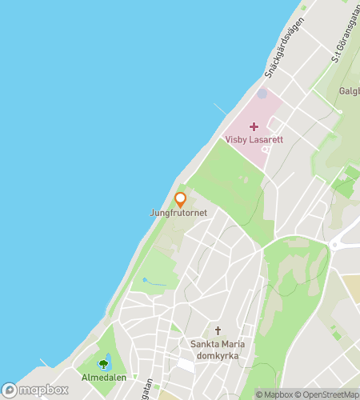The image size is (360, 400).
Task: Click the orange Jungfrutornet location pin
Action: click(181, 199)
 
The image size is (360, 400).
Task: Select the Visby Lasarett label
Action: click(254, 139)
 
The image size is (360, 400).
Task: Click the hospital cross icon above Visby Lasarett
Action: click(254, 126)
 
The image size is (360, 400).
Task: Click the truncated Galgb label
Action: click(349, 91)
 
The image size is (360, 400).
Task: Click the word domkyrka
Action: click(218, 356)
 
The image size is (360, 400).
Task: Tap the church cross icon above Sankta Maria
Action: click(218, 331)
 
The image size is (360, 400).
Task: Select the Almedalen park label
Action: click(102, 377)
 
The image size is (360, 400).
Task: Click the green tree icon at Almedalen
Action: click(102, 364)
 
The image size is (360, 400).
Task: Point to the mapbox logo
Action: click(35, 390)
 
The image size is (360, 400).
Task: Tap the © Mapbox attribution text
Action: click(274, 394)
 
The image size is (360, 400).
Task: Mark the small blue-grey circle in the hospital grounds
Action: click(262, 94)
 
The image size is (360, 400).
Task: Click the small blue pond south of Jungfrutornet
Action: click(144, 279)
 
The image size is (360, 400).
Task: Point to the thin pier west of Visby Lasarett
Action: click(220, 109)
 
